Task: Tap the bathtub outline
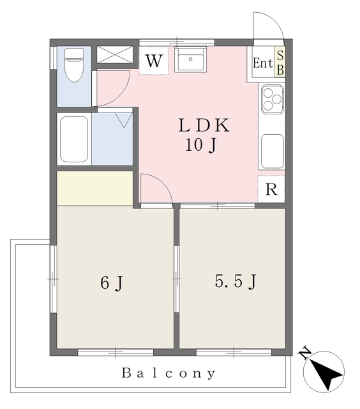coord(74,139)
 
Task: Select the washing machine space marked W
coord(154,61)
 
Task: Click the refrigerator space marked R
coord(271,189)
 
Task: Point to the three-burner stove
coord(272,99)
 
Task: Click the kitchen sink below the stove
coord(272,151)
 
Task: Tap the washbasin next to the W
coord(190,59)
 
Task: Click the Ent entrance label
coord(263,63)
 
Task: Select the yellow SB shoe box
coord(280,62)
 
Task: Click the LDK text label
coord(204,125)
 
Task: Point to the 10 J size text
coord(201,145)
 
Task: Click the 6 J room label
coord(112,282)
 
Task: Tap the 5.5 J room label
coord(236,281)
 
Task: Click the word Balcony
coord(169,373)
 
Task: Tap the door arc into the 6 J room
coord(163,182)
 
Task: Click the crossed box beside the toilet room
coord(115,54)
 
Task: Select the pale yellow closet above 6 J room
coord(95,188)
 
